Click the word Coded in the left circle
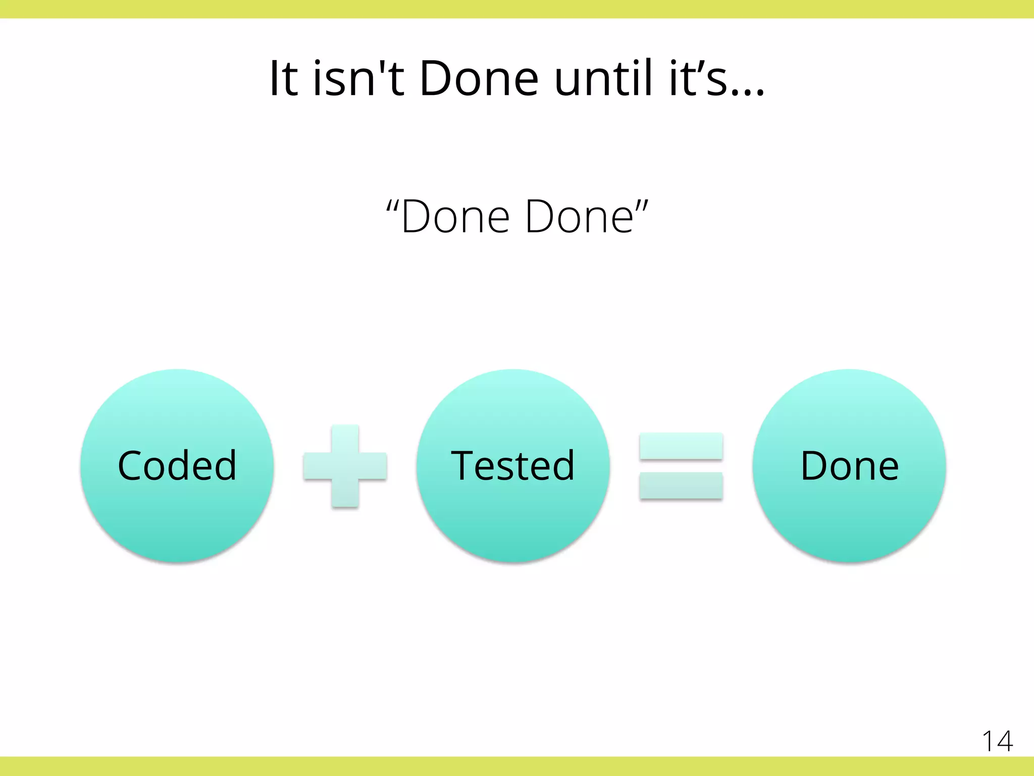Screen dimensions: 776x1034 point(177,466)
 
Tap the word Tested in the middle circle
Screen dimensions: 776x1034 point(512,466)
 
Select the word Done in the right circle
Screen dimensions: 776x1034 point(849,466)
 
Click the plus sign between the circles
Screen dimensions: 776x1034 point(345,466)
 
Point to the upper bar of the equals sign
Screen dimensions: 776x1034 point(681,446)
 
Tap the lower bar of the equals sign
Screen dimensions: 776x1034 point(681,486)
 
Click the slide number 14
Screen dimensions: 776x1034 point(997,742)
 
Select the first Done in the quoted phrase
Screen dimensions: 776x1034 point(455,217)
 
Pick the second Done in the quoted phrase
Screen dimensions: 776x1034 point(579,217)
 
